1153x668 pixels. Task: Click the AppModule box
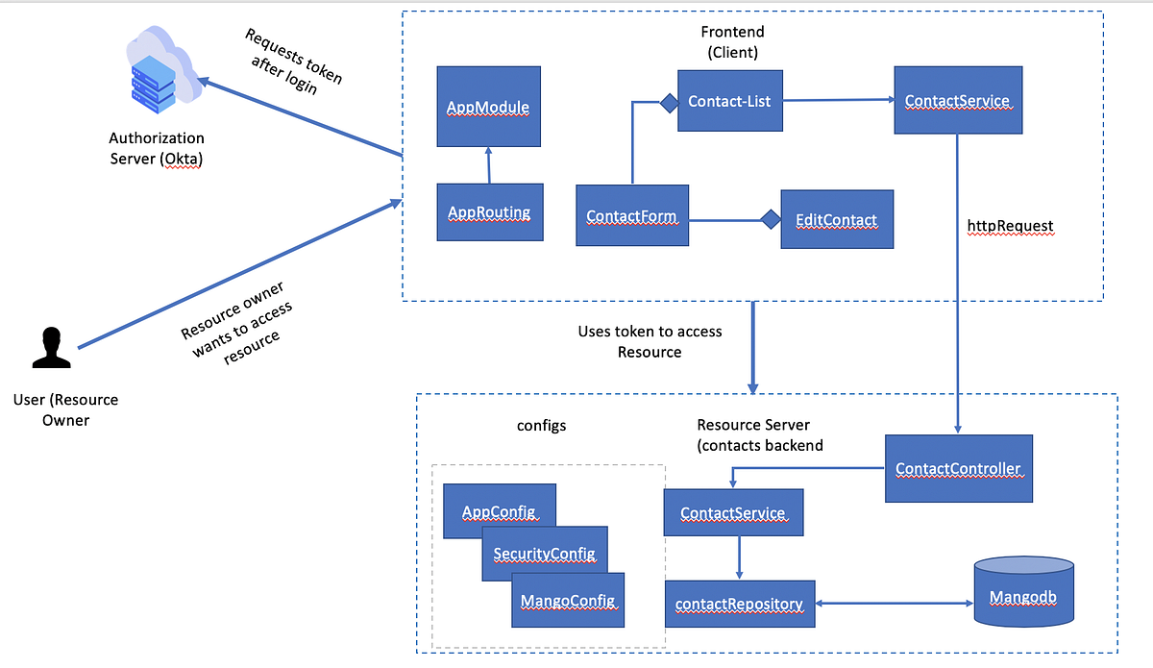pyautogui.click(x=489, y=106)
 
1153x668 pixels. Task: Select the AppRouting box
pyautogui.click(x=489, y=211)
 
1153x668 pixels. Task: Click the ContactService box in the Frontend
pyautogui.click(x=957, y=100)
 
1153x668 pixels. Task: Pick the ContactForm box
pyautogui.click(x=631, y=216)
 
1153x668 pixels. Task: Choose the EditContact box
pyautogui.click(x=836, y=219)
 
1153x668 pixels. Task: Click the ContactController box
pyautogui.click(x=958, y=469)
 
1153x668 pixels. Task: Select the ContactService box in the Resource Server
pyautogui.click(x=733, y=512)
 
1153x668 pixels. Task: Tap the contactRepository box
pyautogui.click(x=739, y=604)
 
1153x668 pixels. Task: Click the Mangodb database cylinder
pyautogui.click(x=1023, y=596)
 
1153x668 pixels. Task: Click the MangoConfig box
pyautogui.click(x=568, y=601)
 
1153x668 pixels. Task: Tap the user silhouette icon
pyautogui.click(x=52, y=349)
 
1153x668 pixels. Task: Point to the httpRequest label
pyautogui.click(x=1011, y=226)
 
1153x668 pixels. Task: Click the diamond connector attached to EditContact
pyautogui.click(x=770, y=220)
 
